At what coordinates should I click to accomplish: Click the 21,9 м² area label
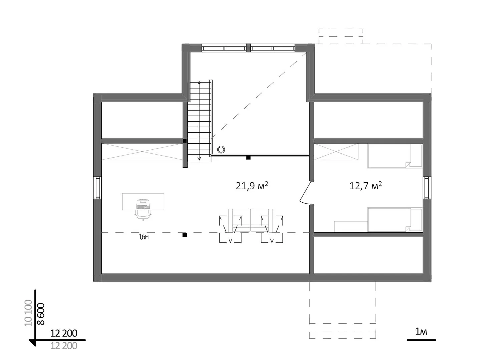coord(252,186)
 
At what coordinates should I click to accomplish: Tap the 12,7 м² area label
coord(366,186)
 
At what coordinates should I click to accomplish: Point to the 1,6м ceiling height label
coord(144,237)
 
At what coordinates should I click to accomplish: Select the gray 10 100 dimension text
coord(28,313)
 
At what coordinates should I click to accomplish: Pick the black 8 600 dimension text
coord(41,314)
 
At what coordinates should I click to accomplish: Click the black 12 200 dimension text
coord(64,333)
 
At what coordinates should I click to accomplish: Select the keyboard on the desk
coord(143,207)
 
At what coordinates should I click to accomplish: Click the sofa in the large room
coord(251,220)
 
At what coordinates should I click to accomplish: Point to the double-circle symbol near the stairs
coord(221,149)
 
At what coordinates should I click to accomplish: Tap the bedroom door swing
coord(305,192)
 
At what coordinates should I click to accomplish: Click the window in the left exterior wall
coord(97,188)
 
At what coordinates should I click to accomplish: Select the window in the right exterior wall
coord(427,188)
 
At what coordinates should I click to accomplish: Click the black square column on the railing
coord(248,158)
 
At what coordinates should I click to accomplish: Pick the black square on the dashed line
coord(184,235)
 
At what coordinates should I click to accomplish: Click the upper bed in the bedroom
coord(395,156)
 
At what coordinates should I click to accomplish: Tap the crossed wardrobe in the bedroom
coord(336,152)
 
